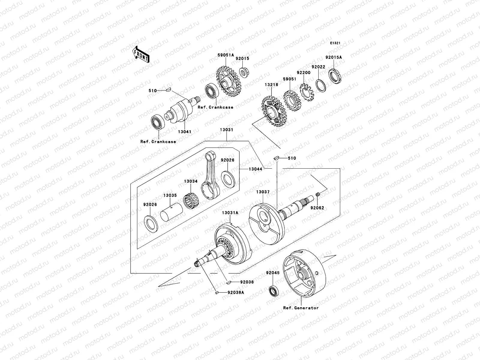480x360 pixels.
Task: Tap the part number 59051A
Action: (226, 55)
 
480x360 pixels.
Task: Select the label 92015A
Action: (334, 57)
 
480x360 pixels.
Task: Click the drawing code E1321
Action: (335, 43)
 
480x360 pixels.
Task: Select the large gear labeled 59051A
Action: (229, 81)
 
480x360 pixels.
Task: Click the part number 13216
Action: (271, 85)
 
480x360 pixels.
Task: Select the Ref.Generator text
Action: (301, 308)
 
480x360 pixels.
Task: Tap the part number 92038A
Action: (235, 292)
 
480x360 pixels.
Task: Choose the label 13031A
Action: (230, 213)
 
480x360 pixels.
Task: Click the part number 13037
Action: (263, 192)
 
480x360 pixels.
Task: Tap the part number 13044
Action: (255, 169)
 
